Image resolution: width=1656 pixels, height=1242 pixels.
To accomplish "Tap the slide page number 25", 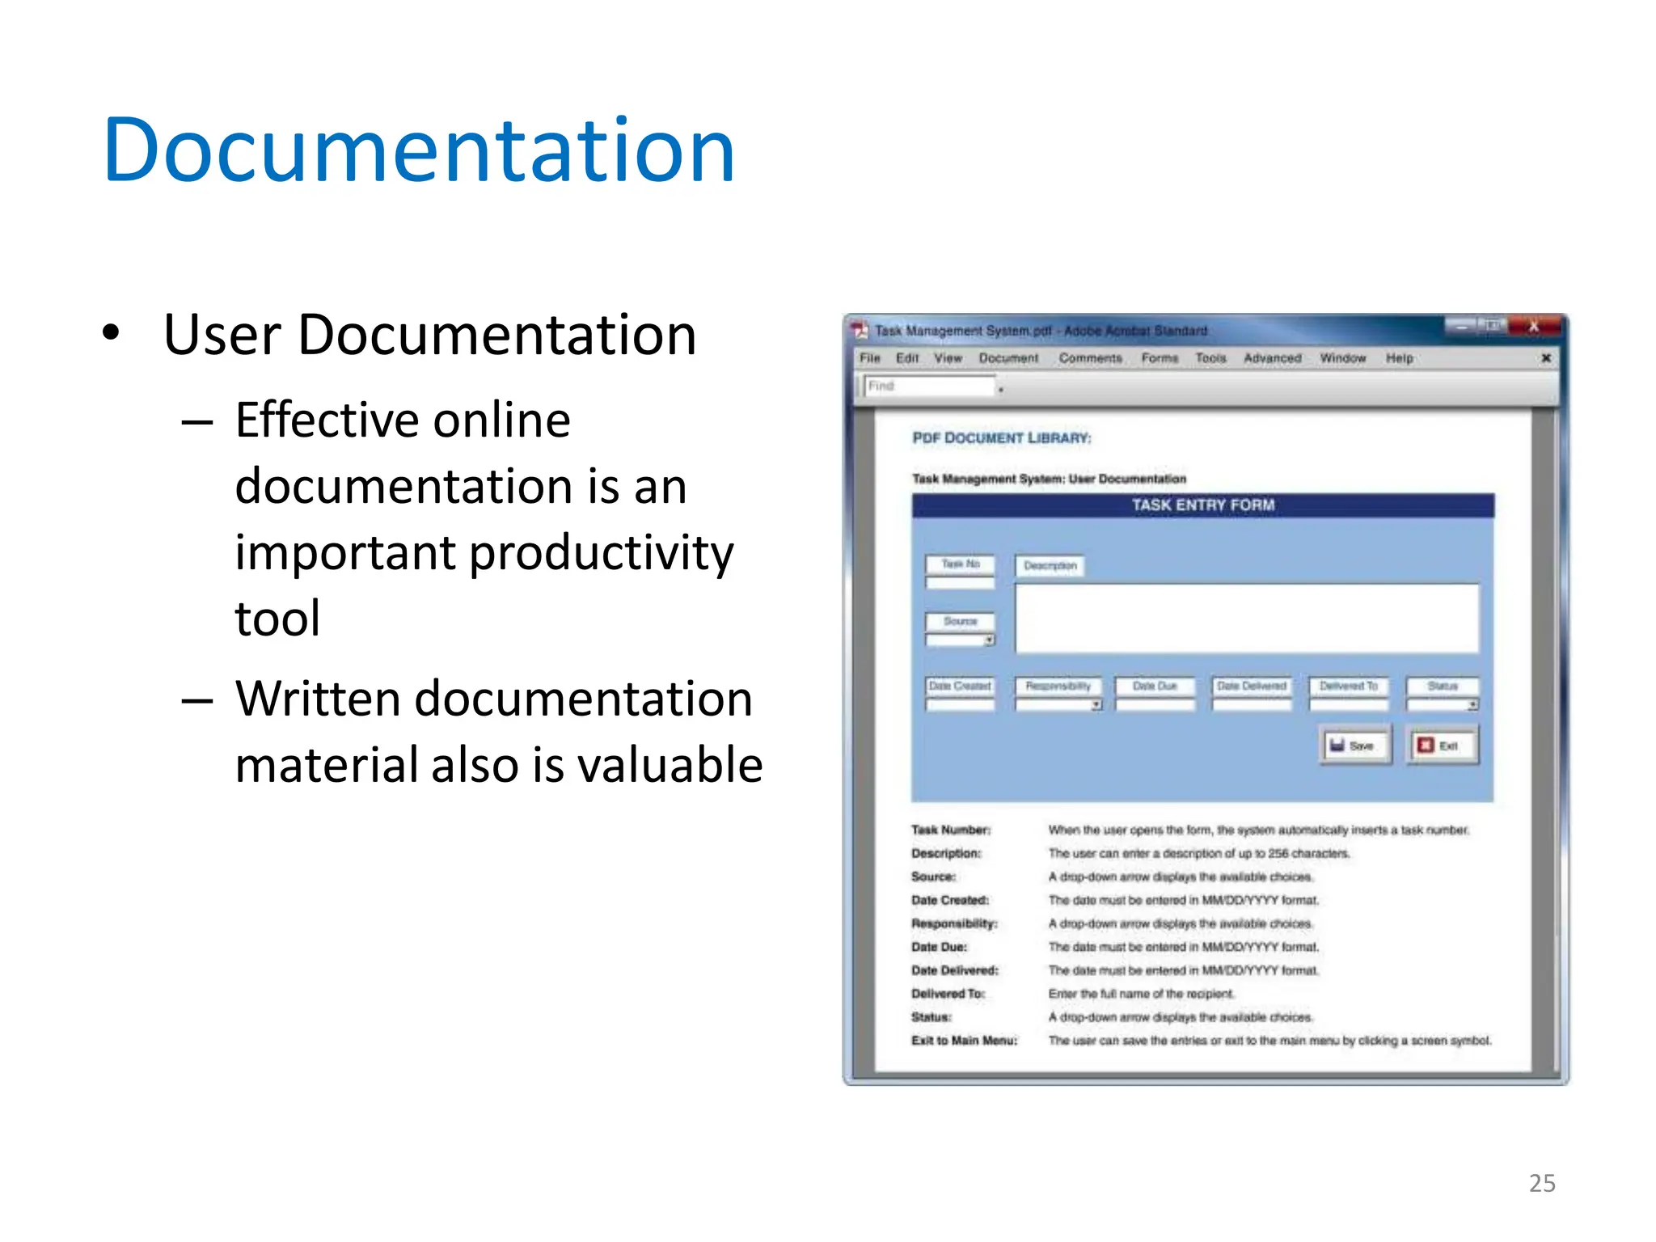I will (x=1542, y=1183).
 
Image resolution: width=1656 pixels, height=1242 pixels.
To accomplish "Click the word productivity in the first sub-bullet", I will (x=602, y=553).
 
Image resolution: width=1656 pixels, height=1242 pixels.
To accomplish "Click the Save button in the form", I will (x=1355, y=746).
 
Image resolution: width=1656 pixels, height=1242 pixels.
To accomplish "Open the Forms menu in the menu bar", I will (x=1160, y=358).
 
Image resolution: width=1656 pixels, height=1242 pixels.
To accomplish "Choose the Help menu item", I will (x=1399, y=358).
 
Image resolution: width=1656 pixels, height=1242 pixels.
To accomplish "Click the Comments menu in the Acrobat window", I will (x=1090, y=358).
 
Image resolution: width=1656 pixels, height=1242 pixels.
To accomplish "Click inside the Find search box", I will (x=930, y=387).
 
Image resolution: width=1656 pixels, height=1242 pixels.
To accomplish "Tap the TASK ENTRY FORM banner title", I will (x=1202, y=505).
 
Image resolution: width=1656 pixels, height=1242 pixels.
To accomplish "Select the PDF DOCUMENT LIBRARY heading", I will (x=1001, y=438).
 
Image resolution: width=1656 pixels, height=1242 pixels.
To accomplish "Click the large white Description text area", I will (x=1246, y=619).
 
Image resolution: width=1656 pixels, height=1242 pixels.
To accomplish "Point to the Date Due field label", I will (x=1154, y=686).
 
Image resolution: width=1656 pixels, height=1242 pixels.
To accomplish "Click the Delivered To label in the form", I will (x=1348, y=686).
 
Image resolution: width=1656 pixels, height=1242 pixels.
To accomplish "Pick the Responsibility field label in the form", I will (x=1058, y=686).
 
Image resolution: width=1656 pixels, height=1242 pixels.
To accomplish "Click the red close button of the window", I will (x=1533, y=327).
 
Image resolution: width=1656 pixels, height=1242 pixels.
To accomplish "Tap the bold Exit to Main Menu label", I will (x=964, y=1041).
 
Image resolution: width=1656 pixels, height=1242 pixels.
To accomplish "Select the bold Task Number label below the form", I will (x=950, y=830).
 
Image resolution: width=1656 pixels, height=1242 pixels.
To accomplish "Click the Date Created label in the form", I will (x=960, y=686).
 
